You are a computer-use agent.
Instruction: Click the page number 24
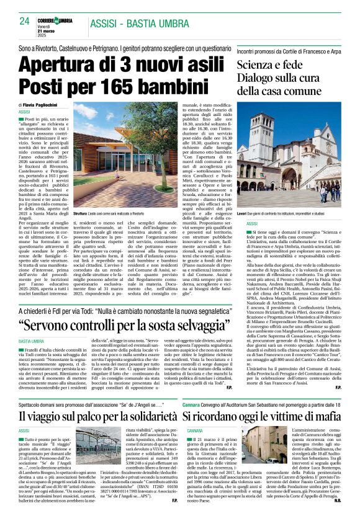[x=25, y=21]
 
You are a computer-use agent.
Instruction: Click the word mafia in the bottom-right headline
[x=325, y=416]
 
